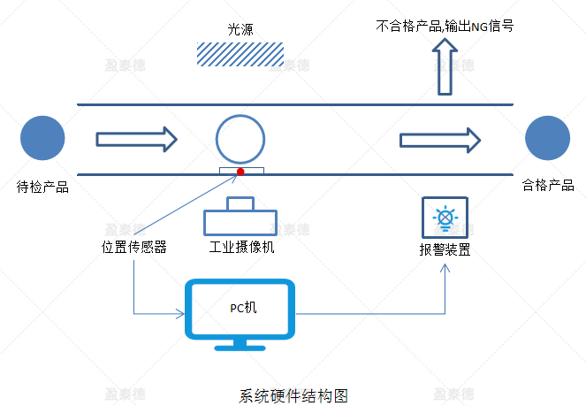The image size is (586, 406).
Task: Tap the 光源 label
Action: pos(238,29)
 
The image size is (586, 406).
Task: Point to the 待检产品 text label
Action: pos(42,186)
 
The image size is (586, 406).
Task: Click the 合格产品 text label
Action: pos(548,185)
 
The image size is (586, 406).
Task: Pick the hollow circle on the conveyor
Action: pos(240,138)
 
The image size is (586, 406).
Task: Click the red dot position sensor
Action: pos(240,170)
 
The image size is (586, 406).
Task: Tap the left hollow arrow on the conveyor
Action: pos(137,139)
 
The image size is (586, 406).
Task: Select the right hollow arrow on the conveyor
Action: pos(440,139)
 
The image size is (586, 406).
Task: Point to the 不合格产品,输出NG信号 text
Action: pos(445,27)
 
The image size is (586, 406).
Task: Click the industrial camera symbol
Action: pos(240,217)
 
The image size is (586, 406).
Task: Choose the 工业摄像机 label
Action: pos(240,247)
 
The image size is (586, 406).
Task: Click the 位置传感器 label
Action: pos(134,247)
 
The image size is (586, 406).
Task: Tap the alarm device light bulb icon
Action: pos(444,216)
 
